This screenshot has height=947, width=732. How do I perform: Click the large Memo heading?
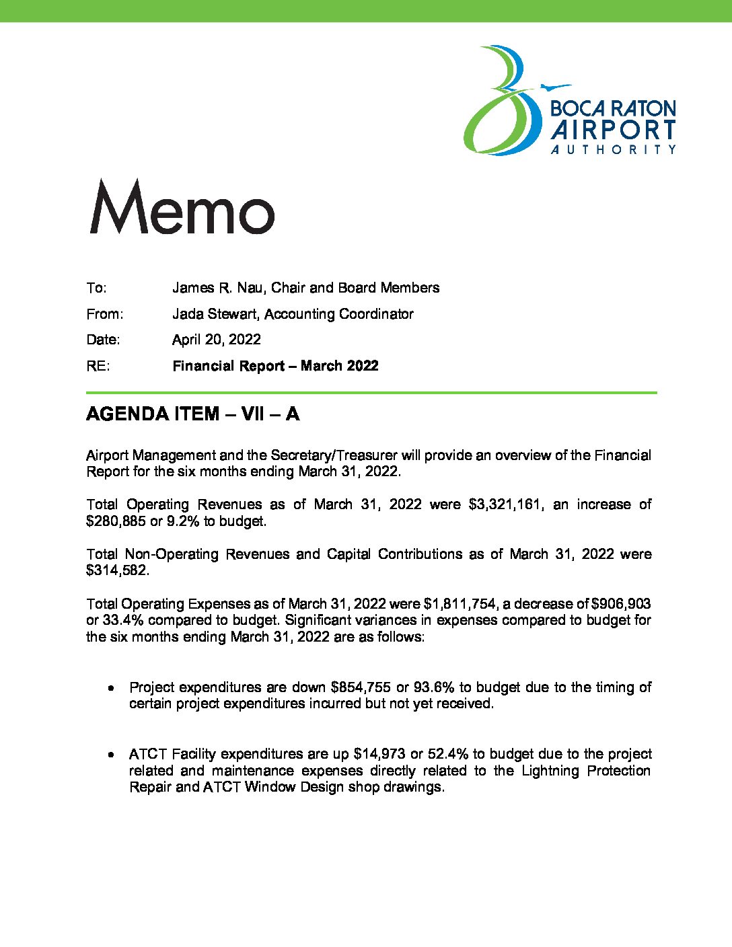pos(182,207)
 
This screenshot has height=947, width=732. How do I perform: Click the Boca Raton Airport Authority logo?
pos(569,101)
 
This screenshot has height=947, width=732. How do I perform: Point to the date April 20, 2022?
pos(216,340)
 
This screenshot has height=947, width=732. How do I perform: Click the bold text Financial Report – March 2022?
pos(275,366)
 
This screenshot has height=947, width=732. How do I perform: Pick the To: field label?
pos(96,288)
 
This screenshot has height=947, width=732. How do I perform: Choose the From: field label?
pos(104,314)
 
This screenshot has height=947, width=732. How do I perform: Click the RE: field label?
pos(98,366)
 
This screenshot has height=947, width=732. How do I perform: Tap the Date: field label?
pos(103,340)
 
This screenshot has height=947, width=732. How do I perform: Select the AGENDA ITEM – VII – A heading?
pos(192,414)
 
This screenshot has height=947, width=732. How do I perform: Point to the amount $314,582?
pos(117,571)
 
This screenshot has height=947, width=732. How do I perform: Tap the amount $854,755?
pos(361,687)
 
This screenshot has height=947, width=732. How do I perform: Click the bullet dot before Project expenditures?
pos(110,688)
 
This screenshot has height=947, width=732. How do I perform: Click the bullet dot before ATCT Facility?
pos(110,755)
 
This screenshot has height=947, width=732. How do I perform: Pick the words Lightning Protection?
pos(585,771)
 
